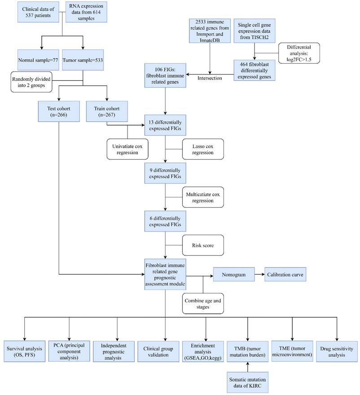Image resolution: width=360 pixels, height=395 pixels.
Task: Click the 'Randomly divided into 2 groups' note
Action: coord(32,81)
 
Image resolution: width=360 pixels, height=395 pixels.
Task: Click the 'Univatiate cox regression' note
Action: coord(127,149)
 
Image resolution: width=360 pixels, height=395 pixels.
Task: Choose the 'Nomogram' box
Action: coord(233,274)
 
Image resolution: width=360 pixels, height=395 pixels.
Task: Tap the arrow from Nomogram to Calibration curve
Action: coord(259,274)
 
